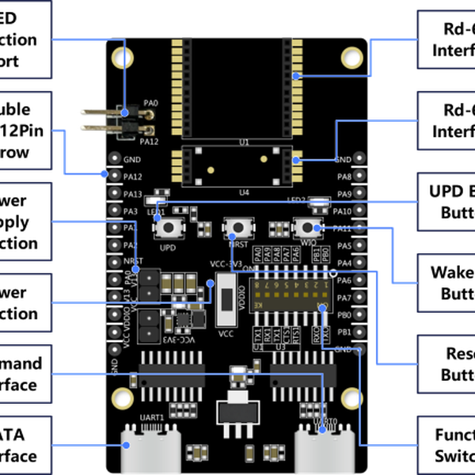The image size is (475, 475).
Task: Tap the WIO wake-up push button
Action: (x=304, y=226)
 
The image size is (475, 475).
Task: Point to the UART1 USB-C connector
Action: (x=151, y=446)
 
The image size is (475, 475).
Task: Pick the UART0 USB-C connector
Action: (x=320, y=446)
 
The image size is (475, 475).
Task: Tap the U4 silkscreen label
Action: (x=243, y=192)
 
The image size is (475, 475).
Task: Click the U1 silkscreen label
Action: (x=243, y=142)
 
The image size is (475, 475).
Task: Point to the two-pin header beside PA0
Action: (x=126, y=122)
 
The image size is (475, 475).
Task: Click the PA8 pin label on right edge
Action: (x=344, y=177)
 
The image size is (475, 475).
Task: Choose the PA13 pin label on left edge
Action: (x=131, y=194)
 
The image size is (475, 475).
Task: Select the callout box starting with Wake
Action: (x=446, y=283)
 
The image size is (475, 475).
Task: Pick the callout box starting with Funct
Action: (x=446, y=445)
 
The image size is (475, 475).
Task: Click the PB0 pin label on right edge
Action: (x=344, y=315)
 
